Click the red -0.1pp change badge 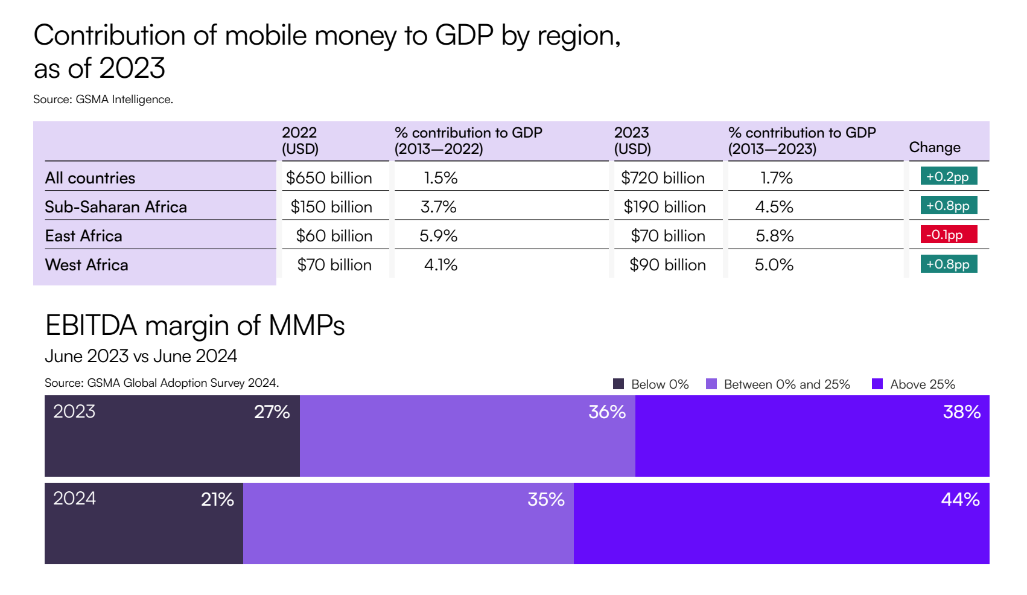tap(948, 235)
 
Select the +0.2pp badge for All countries tap(948, 177)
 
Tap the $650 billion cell tap(329, 178)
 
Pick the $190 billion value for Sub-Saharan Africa tap(664, 207)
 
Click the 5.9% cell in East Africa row tap(438, 236)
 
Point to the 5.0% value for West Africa tap(774, 265)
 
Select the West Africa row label tap(86, 265)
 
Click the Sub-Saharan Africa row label tap(116, 207)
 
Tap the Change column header tap(934, 147)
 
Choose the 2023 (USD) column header tap(632, 141)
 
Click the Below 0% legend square tap(618, 384)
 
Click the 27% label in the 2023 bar tap(272, 412)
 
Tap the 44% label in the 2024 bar tap(960, 500)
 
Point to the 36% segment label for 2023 tap(606, 412)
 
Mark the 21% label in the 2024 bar tap(217, 500)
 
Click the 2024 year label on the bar tap(74, 498)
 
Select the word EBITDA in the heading tap(91, 326)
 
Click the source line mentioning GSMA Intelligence tap(103, 100)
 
